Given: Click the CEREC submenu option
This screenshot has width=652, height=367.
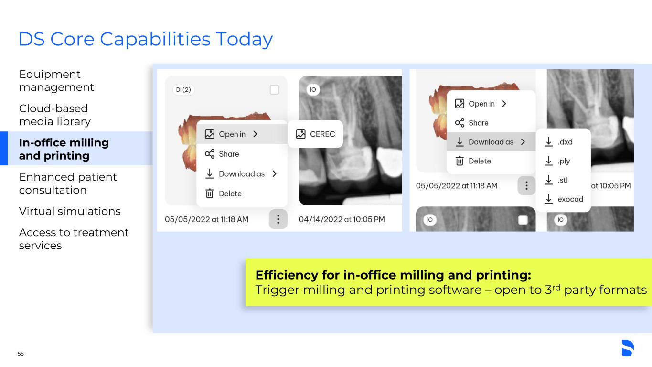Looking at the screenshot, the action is [315, 134].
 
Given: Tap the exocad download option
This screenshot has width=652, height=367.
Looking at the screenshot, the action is [563, 199].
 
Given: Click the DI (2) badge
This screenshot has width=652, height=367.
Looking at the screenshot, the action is [183, 90].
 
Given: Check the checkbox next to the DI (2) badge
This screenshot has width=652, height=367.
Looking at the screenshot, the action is [274, 90].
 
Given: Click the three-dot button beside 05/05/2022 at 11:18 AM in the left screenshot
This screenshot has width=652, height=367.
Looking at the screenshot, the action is [278, 219].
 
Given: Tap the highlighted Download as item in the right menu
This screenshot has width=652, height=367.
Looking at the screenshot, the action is [491, 142].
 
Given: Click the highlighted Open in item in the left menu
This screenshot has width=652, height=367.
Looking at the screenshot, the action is [242, 134].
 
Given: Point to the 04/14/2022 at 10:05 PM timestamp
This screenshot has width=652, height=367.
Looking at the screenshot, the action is [342, 219].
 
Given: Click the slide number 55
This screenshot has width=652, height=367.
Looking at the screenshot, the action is [21, 354].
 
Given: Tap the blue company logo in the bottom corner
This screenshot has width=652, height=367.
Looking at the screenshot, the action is [628, 348].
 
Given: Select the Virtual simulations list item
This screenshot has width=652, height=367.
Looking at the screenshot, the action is [70, 211].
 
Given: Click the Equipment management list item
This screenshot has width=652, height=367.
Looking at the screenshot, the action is [56, 81].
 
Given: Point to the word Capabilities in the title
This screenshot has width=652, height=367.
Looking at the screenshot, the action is [155, 39].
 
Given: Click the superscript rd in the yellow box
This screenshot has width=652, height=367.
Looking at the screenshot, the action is [556, 287].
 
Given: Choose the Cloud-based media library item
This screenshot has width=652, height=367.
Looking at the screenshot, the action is [55, 115].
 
